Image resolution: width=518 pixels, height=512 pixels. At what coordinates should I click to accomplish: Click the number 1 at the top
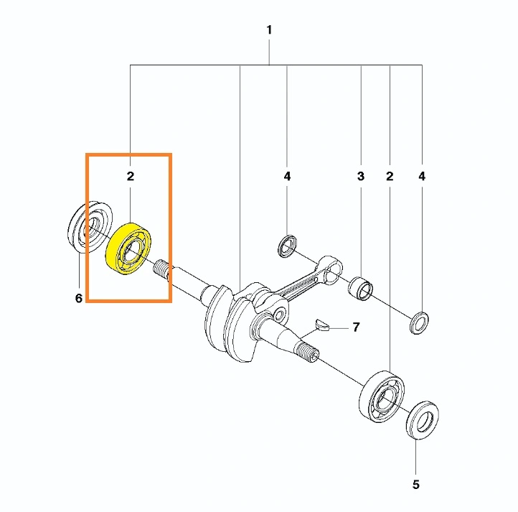click(269, 29)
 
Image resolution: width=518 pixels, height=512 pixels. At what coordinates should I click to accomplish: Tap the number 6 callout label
click(79, 298)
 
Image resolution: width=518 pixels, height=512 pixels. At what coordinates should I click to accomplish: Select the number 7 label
click(356, 327)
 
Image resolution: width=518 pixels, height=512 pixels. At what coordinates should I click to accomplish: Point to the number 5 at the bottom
click(416, 485)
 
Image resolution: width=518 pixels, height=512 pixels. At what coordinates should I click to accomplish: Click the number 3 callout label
click(361, 176)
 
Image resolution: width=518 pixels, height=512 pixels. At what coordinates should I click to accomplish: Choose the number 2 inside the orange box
click(131, 176)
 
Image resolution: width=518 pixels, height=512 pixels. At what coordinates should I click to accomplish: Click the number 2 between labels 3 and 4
click(390, 176)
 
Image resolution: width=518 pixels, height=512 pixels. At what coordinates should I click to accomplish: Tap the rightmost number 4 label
click(422, 176)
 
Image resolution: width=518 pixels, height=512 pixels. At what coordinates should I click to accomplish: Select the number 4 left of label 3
click(287, 176)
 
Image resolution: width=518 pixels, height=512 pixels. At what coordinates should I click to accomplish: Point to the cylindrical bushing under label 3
click(360, 289)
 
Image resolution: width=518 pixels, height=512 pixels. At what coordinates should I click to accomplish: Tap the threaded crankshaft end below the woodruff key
click(308, 353)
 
